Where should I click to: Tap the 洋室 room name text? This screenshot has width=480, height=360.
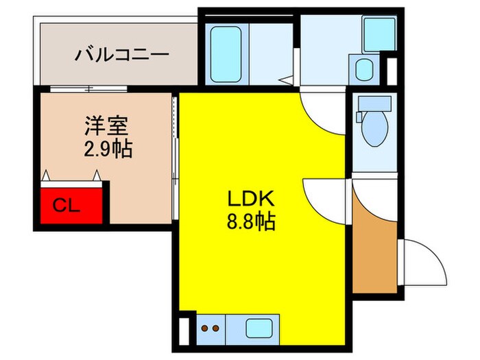point(107,127)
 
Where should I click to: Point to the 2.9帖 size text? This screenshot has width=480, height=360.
point(107,149)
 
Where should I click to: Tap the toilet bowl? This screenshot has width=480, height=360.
point(374,130)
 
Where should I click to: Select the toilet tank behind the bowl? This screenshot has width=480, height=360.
point(374,104)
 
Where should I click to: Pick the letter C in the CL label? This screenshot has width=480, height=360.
point(60,204)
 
